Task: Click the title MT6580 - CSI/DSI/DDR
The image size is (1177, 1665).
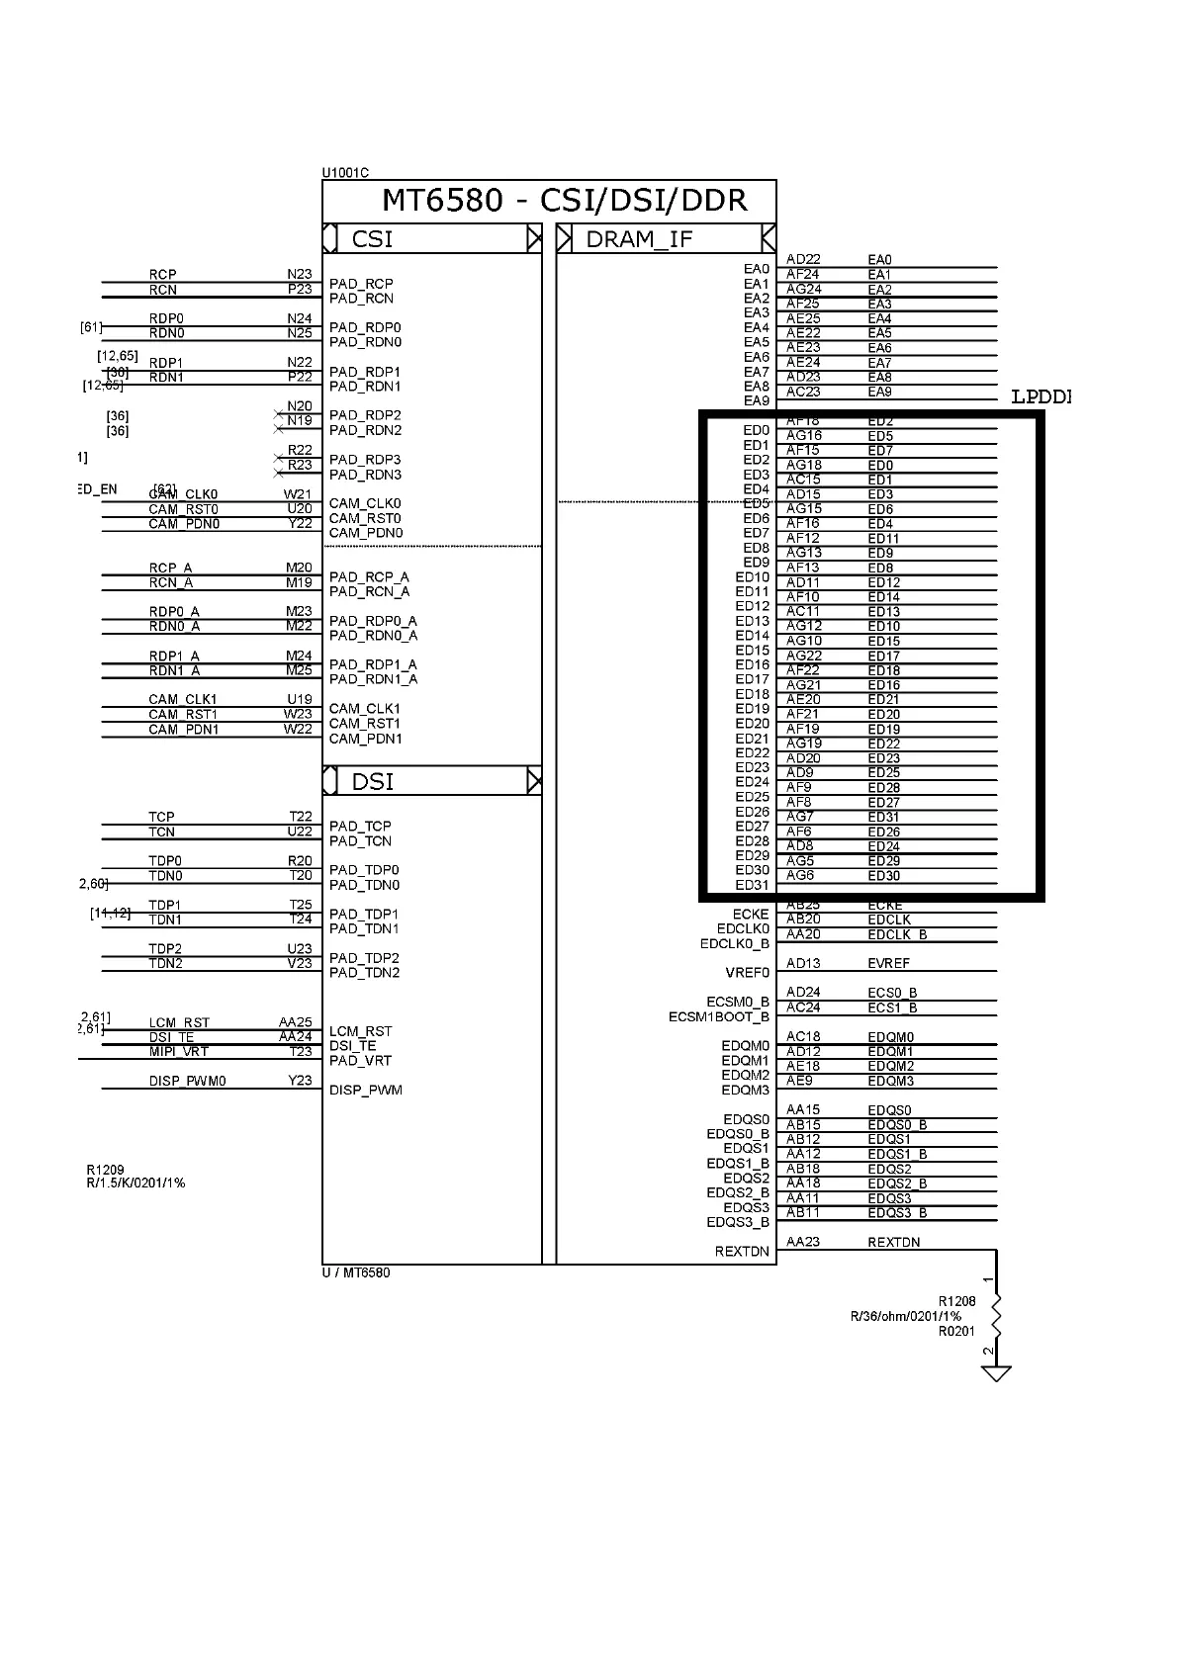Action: pyautogui.click(x=564, y=201)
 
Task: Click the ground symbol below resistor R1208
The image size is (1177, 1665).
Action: pyautogui.click(x=995, y=1373)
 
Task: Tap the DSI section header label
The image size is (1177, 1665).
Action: pyautogui.click(x=373, y=782)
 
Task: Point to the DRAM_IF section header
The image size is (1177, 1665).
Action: pyautogui.click(x=639, y=239)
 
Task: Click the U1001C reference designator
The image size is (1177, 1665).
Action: pyautogui.click(x=345, y=173)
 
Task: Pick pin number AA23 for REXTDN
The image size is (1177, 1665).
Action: pyautogui.click(x=803, y=1242)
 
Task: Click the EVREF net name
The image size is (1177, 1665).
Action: pyautogui.click(x=888, y=963)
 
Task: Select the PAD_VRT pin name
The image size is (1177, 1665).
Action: pyautogui.click(x=360, y=1061)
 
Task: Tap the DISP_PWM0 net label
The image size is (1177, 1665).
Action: pyautogui.click(x=187, y=1082)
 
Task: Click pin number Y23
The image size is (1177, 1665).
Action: pyautogui.click(x=300, y=1081)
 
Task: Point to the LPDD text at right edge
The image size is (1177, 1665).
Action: pyautogui.click(x=1041, y=397)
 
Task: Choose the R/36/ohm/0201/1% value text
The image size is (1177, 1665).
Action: pyautogui.click(x=905, y=1317)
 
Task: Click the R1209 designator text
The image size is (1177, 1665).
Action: pyautogui.click(x=105, y=1170)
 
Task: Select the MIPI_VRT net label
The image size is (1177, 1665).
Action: pyautogui.click(x=179, y=1052)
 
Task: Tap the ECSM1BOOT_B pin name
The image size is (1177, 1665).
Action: pyautogui.click(x=718, y=1017)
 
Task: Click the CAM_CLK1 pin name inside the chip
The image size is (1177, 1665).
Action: pyautogui.click(x=365, y=709)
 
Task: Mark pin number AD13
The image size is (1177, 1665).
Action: pyautogui.click(x=803, y=963)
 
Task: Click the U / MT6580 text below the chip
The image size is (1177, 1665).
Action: pyautogui.click(x=356, y=1272)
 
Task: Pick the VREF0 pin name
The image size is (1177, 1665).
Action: pyautogui.click(x=747, y=973)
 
